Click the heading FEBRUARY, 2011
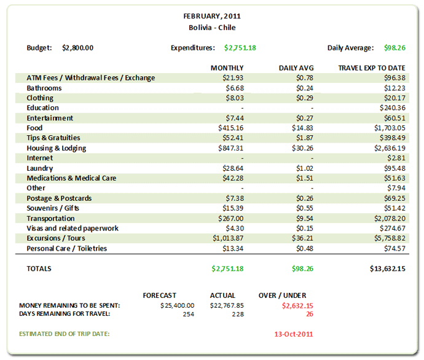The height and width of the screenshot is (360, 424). click(x=212, y=17)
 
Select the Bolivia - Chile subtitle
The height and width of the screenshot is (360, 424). click(x=212, y=28)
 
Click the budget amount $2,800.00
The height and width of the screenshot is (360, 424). click(x=78, y=47)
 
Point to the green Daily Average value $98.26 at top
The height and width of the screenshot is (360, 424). click(x=394, y=47)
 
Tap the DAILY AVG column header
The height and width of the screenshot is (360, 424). click(x=297, y=68)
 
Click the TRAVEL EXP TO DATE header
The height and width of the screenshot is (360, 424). click(x=372, y=68)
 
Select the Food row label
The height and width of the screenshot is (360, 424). click(x=34, y=128)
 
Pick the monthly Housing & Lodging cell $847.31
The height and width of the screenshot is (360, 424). click(x=231, y=148)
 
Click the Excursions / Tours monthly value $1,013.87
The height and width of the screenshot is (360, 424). click(x=228, y=238)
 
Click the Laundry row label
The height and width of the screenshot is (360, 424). click(x=40, y=168)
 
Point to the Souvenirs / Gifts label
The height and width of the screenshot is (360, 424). click(x=54, y=208)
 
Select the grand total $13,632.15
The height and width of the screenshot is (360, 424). click(x=387, y=268)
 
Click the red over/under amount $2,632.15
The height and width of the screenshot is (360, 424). click(x=297, y=305)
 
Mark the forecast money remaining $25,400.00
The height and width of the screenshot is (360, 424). click(x=177, y=305)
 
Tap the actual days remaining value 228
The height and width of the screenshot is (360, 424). click(x=238, y=314)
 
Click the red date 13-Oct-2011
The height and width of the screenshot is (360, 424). click(x=294, y=334)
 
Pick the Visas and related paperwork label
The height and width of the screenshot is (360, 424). click(x=73, y=229)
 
